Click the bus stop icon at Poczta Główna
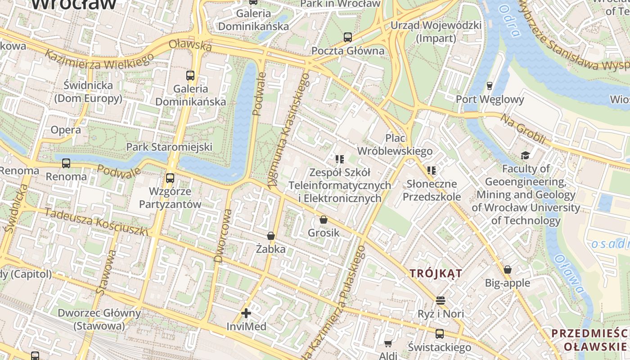(x=347, y=37)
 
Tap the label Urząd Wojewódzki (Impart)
(x=436, y=31)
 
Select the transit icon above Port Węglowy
(x=490, y=85)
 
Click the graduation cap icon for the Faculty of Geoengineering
(x=525, y=156)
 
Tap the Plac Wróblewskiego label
(x=395, y=144)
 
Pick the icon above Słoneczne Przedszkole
(x=432, y=171)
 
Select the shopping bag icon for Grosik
(x=323, y=220)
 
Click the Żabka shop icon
(x=270, y=236)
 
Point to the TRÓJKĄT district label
(x=436, y=273)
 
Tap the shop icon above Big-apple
(x=508, y=270)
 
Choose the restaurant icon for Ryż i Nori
(x=440, y=300)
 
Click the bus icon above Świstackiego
(x=439, y=334)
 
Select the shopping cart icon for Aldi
(x=388, y=344)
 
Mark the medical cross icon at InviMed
(x=246, y=313)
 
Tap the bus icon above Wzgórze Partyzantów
(x=170, y=178)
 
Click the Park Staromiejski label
(x=169, y=147)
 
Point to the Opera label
(x=66, y=130)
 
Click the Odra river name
(x=509, y=20)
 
